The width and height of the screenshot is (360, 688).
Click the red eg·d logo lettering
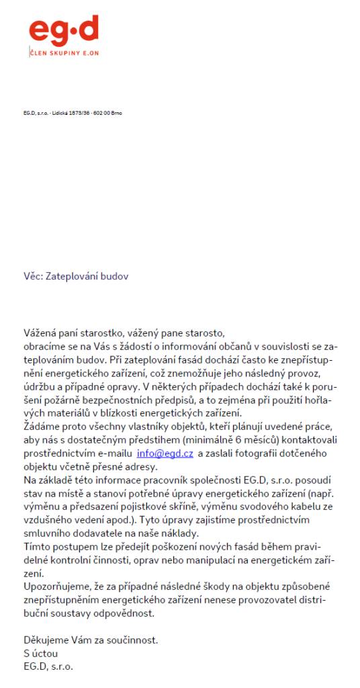point(64,31)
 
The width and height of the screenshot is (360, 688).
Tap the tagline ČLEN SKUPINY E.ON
point(63,52)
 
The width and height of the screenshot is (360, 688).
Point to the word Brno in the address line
point(117,113)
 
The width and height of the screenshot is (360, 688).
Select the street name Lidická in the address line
point(56,113)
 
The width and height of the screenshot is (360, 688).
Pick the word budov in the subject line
point(115,276)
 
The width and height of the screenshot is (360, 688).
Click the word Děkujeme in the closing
point(46,640)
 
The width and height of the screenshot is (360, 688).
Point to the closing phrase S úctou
point(41,652)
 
